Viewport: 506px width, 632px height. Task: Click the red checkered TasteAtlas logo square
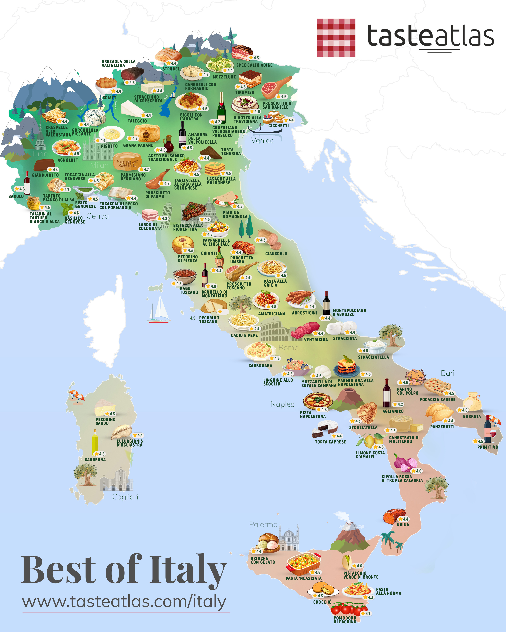(x=336, y=38)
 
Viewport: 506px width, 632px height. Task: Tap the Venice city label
(x=262, y=141)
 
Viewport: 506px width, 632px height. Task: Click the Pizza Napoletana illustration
(x=318, y=400)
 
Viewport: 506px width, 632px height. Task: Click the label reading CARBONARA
(x=260, y=366)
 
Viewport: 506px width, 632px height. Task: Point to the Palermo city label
(x=263, y=524)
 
